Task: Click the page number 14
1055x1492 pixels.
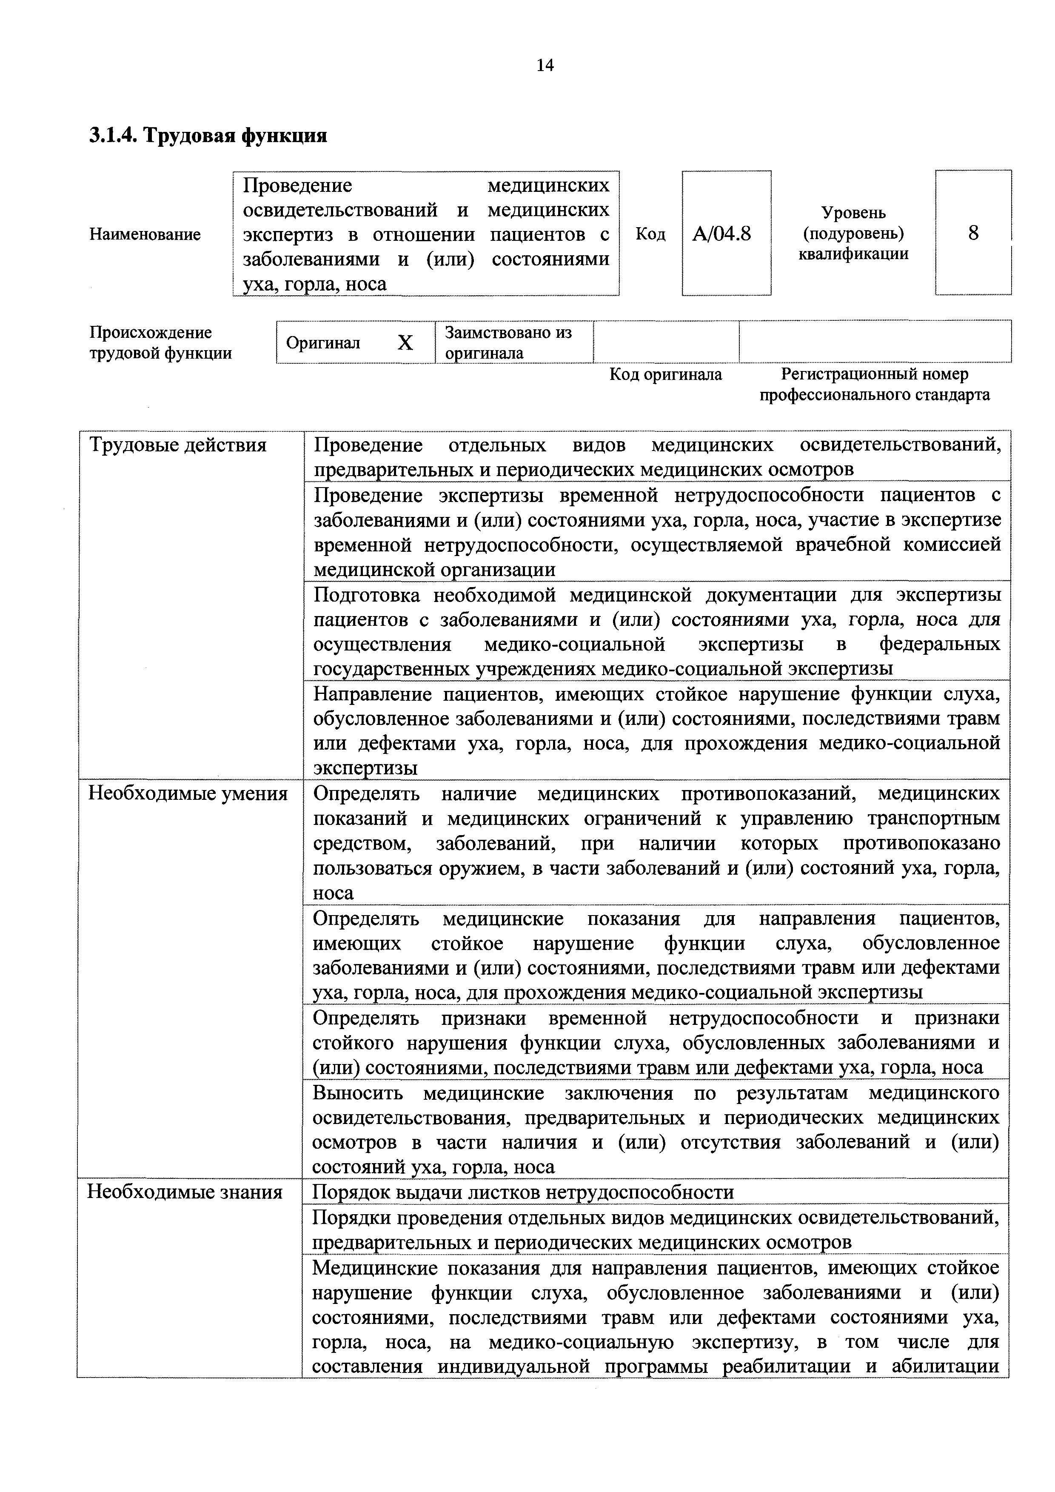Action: pyautogui.click(x=545, y=65)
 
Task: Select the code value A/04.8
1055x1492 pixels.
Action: pyautogui.click(x=722, y=233)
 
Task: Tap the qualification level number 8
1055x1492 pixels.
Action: pyautogui.click(x=972, y=233)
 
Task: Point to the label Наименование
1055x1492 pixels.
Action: pyautogui.click(x=145, y=234)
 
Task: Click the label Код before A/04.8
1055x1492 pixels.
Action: pyautogui.click(x=650, y=234)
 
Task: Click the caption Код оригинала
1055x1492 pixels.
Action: pyautogui.click(x=665, y=374)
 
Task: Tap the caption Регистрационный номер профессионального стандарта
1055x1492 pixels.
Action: pyautogui.click(x=874, y=384)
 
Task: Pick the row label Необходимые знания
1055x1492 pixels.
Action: pyautogui.click(x=185, y=1192)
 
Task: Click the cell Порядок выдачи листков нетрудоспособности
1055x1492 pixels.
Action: pyautogui.click(x=523, y=1192)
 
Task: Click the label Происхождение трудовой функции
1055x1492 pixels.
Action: pyautogui.click(x=160, y=342)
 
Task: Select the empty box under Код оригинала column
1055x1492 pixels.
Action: pyautogui.click(x=666, y=342)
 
